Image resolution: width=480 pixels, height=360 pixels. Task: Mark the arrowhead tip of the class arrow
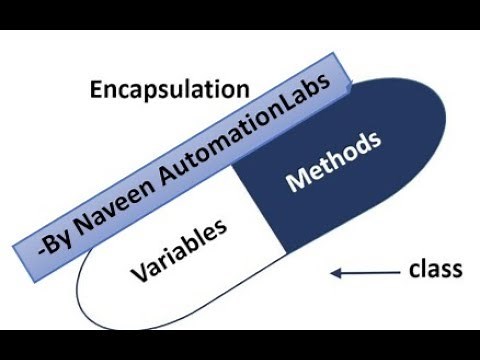pyautogui.click(x=336, y=271)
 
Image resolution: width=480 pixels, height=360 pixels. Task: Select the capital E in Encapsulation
pyautogui.click(x=96, y=89)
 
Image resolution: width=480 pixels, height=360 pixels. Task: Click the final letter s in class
pyautogui.click(x=456, y=271)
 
